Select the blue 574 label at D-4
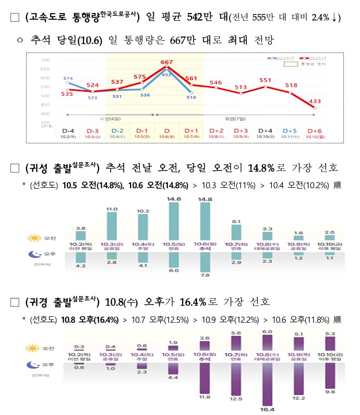pos(68,79)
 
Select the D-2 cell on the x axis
pos(117,131)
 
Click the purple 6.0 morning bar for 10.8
pos(268,343)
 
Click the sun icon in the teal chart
pos(34,238)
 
